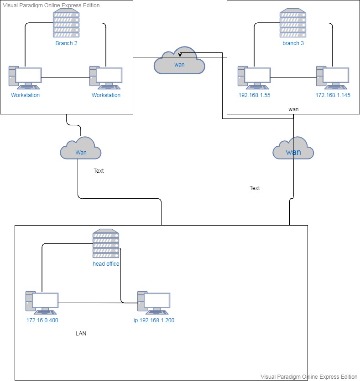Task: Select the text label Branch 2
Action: coord(66,44)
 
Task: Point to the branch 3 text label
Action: coord(292,44)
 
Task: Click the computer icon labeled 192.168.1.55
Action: coord(254,78)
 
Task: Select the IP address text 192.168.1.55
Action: coord(254,95)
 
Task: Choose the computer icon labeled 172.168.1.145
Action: coord(333,78)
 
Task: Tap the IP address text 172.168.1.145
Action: coord(333,95)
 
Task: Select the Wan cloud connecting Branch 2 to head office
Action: coord(81,149)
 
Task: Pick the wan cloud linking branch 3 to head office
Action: coord(293,149)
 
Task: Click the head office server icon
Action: coord(106,244)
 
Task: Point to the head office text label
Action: coord(106,264)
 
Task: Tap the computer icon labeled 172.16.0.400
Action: coord(42,303)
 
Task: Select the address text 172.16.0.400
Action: coord(42,320)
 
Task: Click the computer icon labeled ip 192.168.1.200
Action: coord(154,303)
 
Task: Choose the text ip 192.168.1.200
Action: coord(154,320)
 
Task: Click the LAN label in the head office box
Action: coord(81,334)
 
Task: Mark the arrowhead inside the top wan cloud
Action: coord(181,55)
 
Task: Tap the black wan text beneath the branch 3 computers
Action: coord(293,110)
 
